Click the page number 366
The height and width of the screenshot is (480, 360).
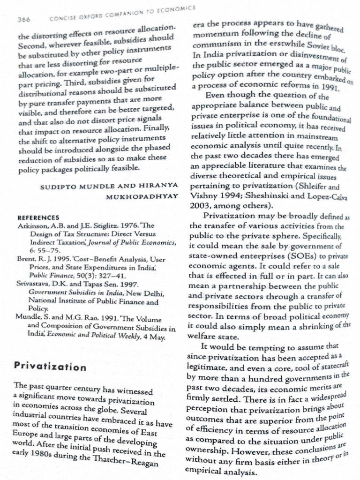click(x=23, y=20)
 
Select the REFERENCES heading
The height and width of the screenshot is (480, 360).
click(x=38, y=217)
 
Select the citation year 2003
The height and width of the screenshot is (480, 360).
click(x=201, y=205)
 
